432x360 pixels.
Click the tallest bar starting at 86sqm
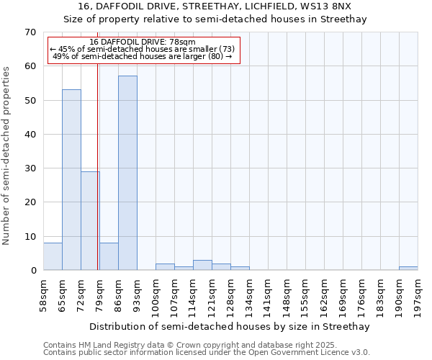click(x=127, y=173)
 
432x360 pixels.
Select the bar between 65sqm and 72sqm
click(x=71, y=180)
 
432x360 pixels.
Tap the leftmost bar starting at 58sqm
click(x=53, y=257)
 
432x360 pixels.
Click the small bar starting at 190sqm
click(x=408, y=269)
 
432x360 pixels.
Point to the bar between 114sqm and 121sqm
click(x=202, y=265)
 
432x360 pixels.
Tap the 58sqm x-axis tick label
click(x=44, y=296)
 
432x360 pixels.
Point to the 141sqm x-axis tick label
click(x=269, y=296)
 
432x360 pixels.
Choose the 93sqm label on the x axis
click(x=138, y=296)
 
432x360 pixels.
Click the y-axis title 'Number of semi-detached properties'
click(x=8, y=156)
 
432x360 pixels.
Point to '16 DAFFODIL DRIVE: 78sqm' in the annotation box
click(x=142, y=42)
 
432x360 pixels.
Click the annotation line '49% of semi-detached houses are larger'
click(x=142, y=56)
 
